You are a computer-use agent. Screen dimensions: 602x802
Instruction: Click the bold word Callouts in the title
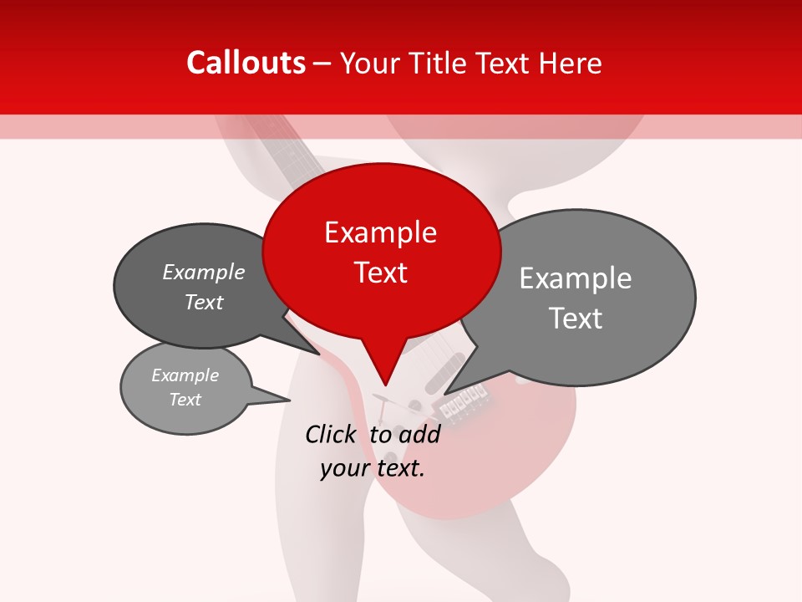(246, 63)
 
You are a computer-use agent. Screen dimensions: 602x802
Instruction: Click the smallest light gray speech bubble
(185, 388)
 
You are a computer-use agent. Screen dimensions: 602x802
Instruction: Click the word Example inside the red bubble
(380, 232)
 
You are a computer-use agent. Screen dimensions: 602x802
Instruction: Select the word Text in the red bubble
(381, 273)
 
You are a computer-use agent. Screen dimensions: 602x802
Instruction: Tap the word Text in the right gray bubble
(576, 319)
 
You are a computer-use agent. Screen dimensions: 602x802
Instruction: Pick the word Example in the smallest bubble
(185, 375)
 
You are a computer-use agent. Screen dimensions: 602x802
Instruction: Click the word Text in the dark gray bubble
(204, 302)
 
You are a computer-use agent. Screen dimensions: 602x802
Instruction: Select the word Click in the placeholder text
(330, 434)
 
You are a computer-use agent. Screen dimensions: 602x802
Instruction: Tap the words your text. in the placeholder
(373, 468)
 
